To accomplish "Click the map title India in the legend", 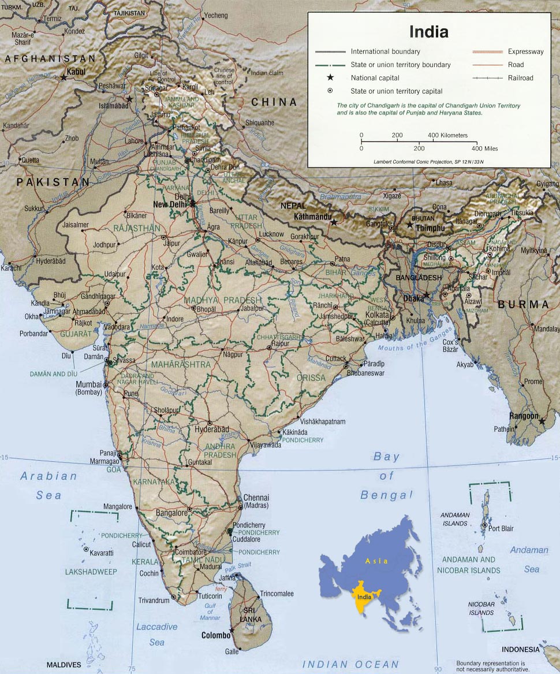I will [x=428, y=31].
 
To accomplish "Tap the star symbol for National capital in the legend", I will [x=330, y=77].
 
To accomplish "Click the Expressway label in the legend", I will [x=525, y=51].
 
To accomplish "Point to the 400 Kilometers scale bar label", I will [x=447, y=135].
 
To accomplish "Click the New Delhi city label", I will [x=171, y=205].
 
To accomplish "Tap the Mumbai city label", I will [x=88, y=384].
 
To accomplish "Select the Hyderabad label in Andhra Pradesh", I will [x=212, y=430].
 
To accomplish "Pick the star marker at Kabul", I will [x=64, y=76].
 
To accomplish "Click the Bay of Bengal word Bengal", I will [x=387, y=495].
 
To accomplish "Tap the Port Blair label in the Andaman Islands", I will [x=501, y=528].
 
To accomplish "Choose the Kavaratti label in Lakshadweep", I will [x=102, y=553].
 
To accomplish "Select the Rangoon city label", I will [x=524, y=416].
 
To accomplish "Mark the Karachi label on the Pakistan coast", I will [x=10, y=268].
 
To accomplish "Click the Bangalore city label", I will [x=171, y=513].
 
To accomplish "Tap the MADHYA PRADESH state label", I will [x=222, y=300].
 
